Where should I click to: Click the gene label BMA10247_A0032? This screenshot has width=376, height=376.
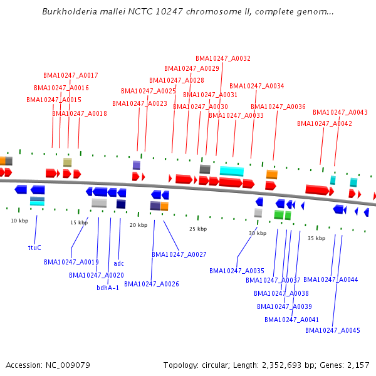pyautogui.click(x=223, y=58)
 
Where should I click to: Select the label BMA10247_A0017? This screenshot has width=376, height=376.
pyautogui.click(x=71, y=75)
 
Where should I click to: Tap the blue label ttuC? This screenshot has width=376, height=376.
pyautogui.click(x=34, y=248)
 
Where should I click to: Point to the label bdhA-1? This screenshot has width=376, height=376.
pyautogui.click(x=108, y=288)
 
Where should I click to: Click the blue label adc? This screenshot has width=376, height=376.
pyautogui.click(x=119, y=263)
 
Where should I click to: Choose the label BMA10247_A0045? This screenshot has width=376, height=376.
pyautogui.click(x=337, y=330)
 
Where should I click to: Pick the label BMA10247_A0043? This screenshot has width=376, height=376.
pyautogui.click(x=340, y=112)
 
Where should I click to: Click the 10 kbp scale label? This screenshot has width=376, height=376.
pyautogui.click(x=19, y=221)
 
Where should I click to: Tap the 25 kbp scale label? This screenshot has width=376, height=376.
pyautogui.click(x=198, y=229)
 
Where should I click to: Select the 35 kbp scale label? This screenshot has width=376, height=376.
pyautogui.click(x=316, y=238)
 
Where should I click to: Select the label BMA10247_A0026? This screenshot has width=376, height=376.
pyautogui.click(x=152, y=284)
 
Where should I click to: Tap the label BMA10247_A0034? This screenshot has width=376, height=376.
pyautogui.click(x=257, y=86)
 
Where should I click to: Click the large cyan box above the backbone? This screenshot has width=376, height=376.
pyautogui.click(x=232, y=171)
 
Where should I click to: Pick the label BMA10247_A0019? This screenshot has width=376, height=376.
pyautogui.click(x=71, y=262)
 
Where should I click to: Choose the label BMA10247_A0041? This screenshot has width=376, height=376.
pyautogui.click(x=292, y=320)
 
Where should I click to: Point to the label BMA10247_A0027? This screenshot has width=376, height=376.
pyautogui.click(x=179, y=254)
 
